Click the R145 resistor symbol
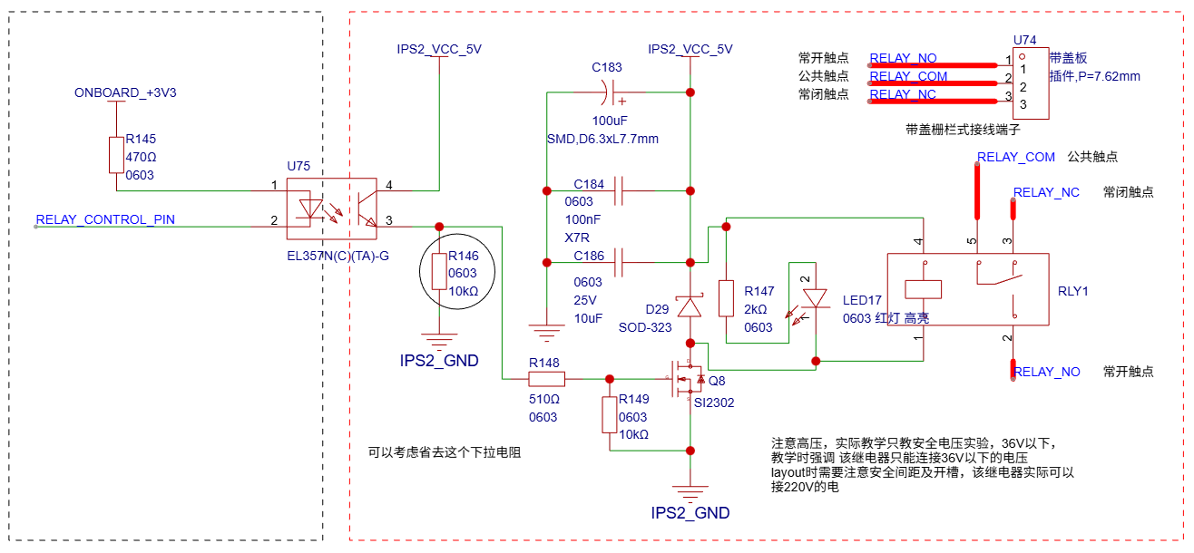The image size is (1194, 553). [116, 155]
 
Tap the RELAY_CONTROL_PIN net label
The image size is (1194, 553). [105, 219]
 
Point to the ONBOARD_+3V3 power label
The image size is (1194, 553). [125, 92]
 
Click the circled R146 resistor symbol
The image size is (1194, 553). [439, 271]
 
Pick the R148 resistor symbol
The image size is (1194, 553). [546, 379]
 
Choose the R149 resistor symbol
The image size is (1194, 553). [610, 414]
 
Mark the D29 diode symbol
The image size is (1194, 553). [690, 307]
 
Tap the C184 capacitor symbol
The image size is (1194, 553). [621, 190]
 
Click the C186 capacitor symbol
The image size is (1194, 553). [621, 263]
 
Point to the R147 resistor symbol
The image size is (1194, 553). [726, 298]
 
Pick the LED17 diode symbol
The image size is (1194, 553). [817, 298]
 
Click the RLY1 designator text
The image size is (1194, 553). [1073, 291]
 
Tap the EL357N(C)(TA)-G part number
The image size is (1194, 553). [338, 256]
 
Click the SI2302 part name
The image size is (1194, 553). [713, 402]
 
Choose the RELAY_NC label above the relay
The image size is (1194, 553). [1046, 192]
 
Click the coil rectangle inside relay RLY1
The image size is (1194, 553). [923, 289]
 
